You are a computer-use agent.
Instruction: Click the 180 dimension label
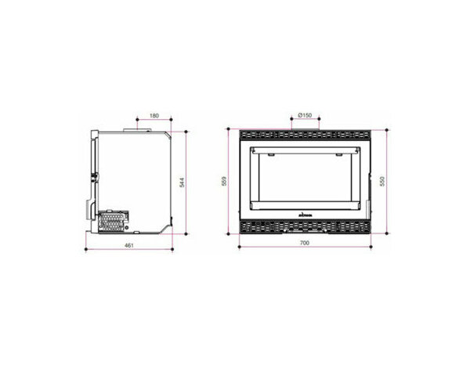pos(154,116)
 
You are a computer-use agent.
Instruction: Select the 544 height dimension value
pos(181,182)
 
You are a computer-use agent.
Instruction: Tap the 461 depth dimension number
pos(129,246)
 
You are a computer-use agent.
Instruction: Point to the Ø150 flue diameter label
pos(305,116)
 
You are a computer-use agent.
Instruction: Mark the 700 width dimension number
pos(305,244)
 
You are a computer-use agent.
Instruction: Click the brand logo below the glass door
pos(305,211)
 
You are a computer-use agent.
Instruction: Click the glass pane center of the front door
pos(305,176)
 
